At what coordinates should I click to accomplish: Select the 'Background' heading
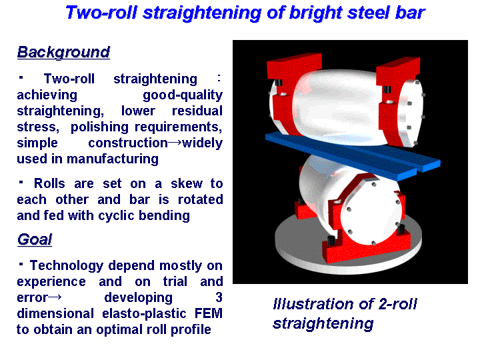point(63,52)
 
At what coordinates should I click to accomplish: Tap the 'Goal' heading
point(35,239)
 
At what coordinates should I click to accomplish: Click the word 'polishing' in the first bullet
point(99,127)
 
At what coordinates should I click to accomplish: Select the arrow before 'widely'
point(175,143)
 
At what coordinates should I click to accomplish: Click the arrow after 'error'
point(55,297)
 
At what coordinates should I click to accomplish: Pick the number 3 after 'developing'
point(219,297)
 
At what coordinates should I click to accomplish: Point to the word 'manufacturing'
point(113,159)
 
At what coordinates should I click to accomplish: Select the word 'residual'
point(197,111)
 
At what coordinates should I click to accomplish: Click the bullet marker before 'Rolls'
point(21,182)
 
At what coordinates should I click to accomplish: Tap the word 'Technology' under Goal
point(67,266)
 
